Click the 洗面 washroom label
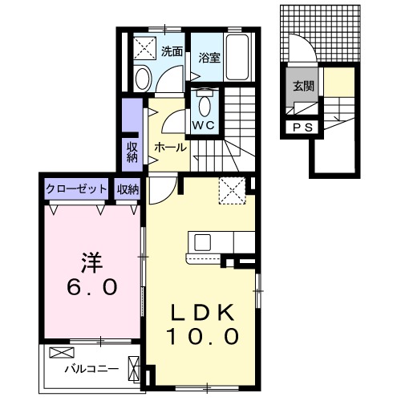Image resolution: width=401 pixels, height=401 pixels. point(171,51)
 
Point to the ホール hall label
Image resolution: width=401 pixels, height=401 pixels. point(170,147)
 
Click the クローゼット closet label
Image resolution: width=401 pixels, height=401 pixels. point(76,189)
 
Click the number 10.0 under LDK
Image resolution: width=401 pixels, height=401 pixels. point(203,337)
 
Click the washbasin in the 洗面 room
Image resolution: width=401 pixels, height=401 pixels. point(143,78)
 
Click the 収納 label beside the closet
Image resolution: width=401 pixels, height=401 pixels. point(128,189)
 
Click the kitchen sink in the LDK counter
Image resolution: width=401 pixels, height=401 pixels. point(200,242)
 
